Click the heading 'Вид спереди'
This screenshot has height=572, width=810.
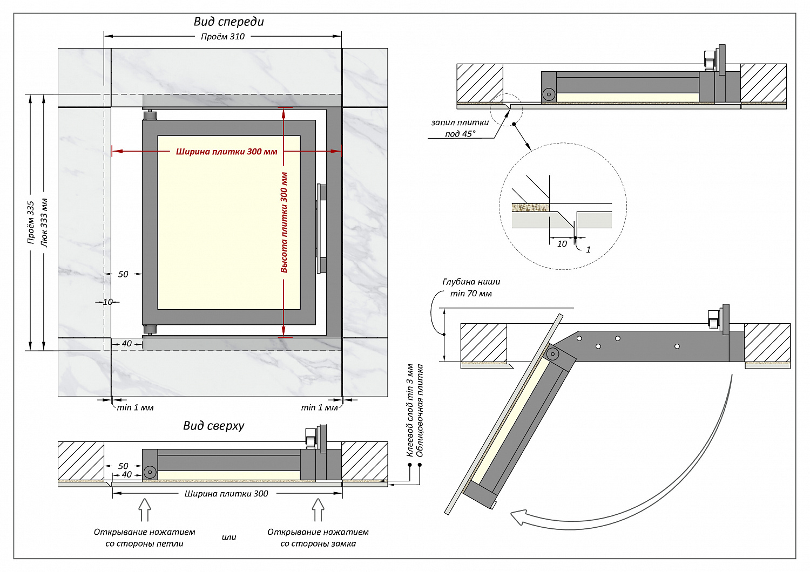coord(229,22)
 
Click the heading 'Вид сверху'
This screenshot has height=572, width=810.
coord(214,426)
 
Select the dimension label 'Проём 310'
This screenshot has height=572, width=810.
coord(222,37)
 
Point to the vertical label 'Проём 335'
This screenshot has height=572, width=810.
coord(31,222)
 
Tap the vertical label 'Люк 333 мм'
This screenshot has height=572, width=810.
coord(44,222)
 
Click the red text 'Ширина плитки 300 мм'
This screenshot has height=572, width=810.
coord(226,152)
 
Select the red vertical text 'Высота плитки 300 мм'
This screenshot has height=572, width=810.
coord(284,222)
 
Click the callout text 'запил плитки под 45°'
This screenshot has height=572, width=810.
coord(460,128)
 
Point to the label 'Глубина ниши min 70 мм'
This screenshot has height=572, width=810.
coord(471,288)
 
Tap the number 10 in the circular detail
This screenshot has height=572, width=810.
coord(562,244)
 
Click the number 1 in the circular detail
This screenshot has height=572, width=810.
coord(588,249)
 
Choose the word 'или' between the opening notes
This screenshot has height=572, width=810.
coord(229,537)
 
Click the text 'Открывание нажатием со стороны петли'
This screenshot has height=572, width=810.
coord(144,538)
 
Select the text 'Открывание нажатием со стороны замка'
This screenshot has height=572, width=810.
coord(318,538)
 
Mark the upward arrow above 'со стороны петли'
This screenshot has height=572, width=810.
coord(144,509)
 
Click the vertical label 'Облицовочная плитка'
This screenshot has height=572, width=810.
coord(420,411)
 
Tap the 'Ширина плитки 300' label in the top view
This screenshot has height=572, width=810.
coord(226,494)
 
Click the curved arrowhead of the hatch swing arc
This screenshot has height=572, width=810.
coord(519,517)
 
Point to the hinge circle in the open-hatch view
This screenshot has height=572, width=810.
coord(552,354)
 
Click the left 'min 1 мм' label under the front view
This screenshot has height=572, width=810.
coord(135,407)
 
